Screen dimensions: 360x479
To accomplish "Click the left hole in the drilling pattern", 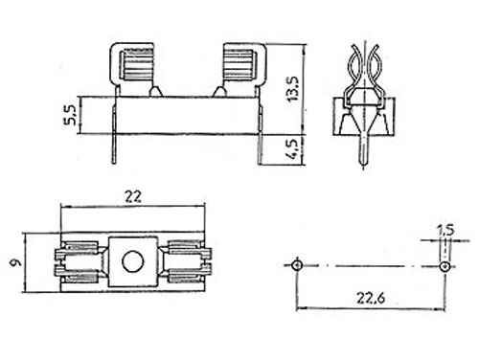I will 297,263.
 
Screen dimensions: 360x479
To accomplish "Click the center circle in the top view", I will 133,259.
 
